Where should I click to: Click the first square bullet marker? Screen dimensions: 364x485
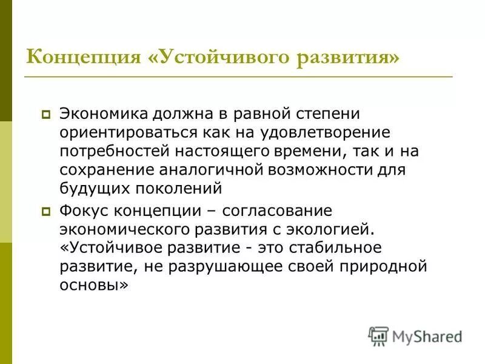(x=46, y=113)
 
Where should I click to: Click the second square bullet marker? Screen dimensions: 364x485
(x=46, y=212)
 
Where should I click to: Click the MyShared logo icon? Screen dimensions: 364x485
(x=378, y=335)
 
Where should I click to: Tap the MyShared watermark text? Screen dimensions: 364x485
(x=427, y=335)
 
